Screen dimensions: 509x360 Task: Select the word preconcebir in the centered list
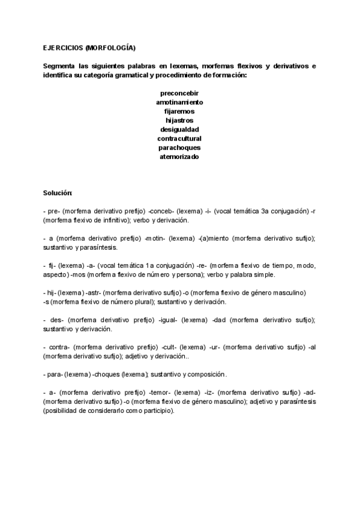pyautogui.click(x=179, y=93)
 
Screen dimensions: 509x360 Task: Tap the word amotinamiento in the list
pyautogui.click(x=179, y=102)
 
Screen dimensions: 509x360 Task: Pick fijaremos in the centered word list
pyautogui.click(x=179, y=111)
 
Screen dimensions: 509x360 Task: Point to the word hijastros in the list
pyautogui.click(x=179, y=120)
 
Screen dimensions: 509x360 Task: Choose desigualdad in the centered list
pyautogui.click(x=179, y=129)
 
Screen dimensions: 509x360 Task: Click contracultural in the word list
pyautogui.click(x=179, y=138)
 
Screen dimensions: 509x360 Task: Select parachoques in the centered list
pyautogui.click(x=179, y=147)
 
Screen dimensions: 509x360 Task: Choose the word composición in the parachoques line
pyautogui.click(x=206, y=374)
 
